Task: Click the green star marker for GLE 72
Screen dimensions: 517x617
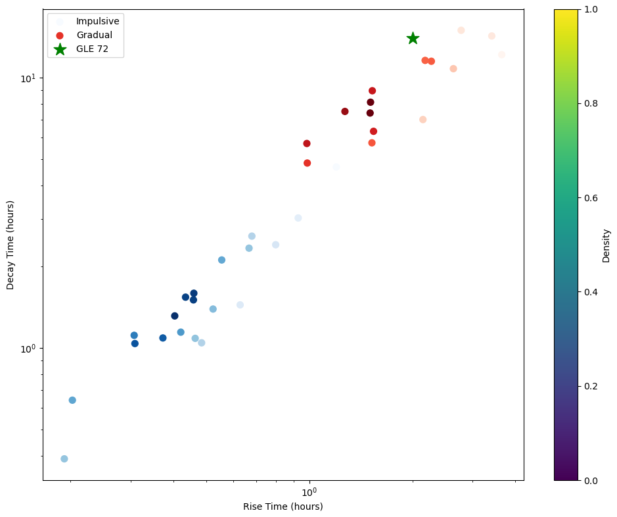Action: pos(413,38)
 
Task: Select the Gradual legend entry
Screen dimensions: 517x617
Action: pos(94,35)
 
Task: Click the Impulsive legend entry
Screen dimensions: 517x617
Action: pos(97,21)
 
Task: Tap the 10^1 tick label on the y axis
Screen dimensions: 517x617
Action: pos(28,78)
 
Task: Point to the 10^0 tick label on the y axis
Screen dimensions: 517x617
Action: pos(28,349)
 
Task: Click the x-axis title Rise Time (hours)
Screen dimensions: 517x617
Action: pos(283,506)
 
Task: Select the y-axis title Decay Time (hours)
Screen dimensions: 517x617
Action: pos(11,245)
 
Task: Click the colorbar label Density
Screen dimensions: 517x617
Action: pos(606,245)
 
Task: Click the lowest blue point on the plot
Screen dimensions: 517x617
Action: pos(64,459)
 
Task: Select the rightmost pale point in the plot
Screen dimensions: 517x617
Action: pos(501,55)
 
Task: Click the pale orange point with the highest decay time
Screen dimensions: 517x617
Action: pos(461,30)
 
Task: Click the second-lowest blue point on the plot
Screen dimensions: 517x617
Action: pos(72,400)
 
